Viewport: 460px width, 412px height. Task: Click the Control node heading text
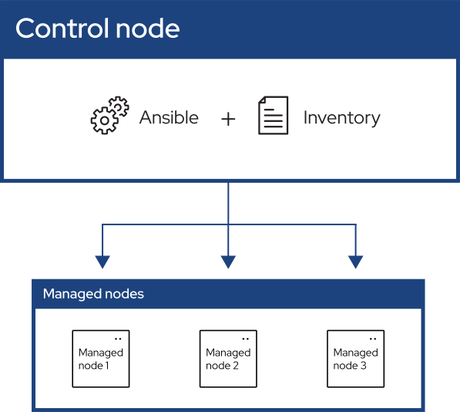(x=97, y=29)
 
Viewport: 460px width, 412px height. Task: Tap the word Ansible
(x=169, y=117)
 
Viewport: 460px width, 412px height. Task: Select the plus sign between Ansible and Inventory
(x=228, y=120)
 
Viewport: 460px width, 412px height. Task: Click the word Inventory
(x=342, y=118)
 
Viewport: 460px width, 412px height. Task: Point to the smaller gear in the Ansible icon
(x=119, y=106)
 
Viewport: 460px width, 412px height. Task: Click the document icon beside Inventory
(x=273, y=115)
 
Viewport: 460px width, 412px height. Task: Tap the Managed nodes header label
(x=93, y=294)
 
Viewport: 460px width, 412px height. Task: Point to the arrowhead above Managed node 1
(x=102, y=262)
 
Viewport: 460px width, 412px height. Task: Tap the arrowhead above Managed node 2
(x=228, y=262)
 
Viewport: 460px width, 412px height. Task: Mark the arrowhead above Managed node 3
(x=355, y=262)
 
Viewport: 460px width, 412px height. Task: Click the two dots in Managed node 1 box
(x=118, y=339)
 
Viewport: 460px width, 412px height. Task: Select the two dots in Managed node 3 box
(x=373, y=339)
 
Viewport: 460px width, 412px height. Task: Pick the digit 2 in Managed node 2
(x=236, y=366)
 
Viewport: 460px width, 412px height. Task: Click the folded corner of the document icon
(x=262, y=100)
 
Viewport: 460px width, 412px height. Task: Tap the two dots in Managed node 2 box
(x=246, y=339)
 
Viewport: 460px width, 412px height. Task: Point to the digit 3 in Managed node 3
(x=363, y=366)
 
